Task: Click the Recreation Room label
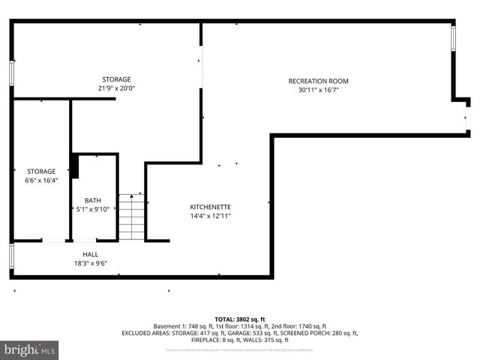(318, 81)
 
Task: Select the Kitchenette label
(210, 207)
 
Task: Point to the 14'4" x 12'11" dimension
(210, 216)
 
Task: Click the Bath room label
(92, 200)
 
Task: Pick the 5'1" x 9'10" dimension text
(92, 209)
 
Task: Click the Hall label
(90, 254)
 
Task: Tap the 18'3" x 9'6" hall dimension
(90, 263)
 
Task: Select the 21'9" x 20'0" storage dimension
(116, 88)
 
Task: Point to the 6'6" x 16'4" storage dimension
(41, 181)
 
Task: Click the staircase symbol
(131, 217)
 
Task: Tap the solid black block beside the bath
(74, 166)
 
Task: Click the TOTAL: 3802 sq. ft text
(240, 319)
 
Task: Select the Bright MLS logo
(30, 349)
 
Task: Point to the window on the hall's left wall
(11, 256)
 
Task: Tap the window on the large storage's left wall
(11, 73)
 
